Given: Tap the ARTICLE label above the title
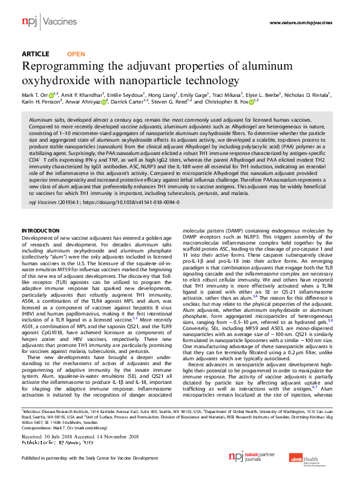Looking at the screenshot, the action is (x=36, y=54).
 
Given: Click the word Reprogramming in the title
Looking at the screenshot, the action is (x=66, y=66).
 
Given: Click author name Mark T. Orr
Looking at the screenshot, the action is (x=36, y=95).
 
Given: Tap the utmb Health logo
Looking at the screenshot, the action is (x=318, y=463).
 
